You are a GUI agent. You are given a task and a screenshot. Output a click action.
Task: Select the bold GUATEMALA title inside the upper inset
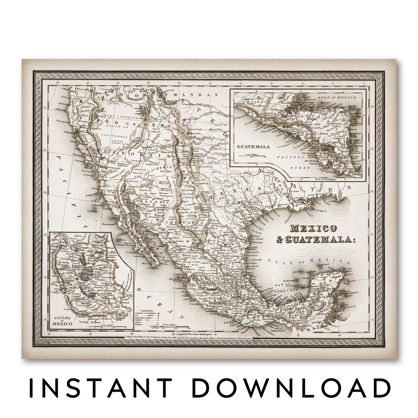(253, 147)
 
